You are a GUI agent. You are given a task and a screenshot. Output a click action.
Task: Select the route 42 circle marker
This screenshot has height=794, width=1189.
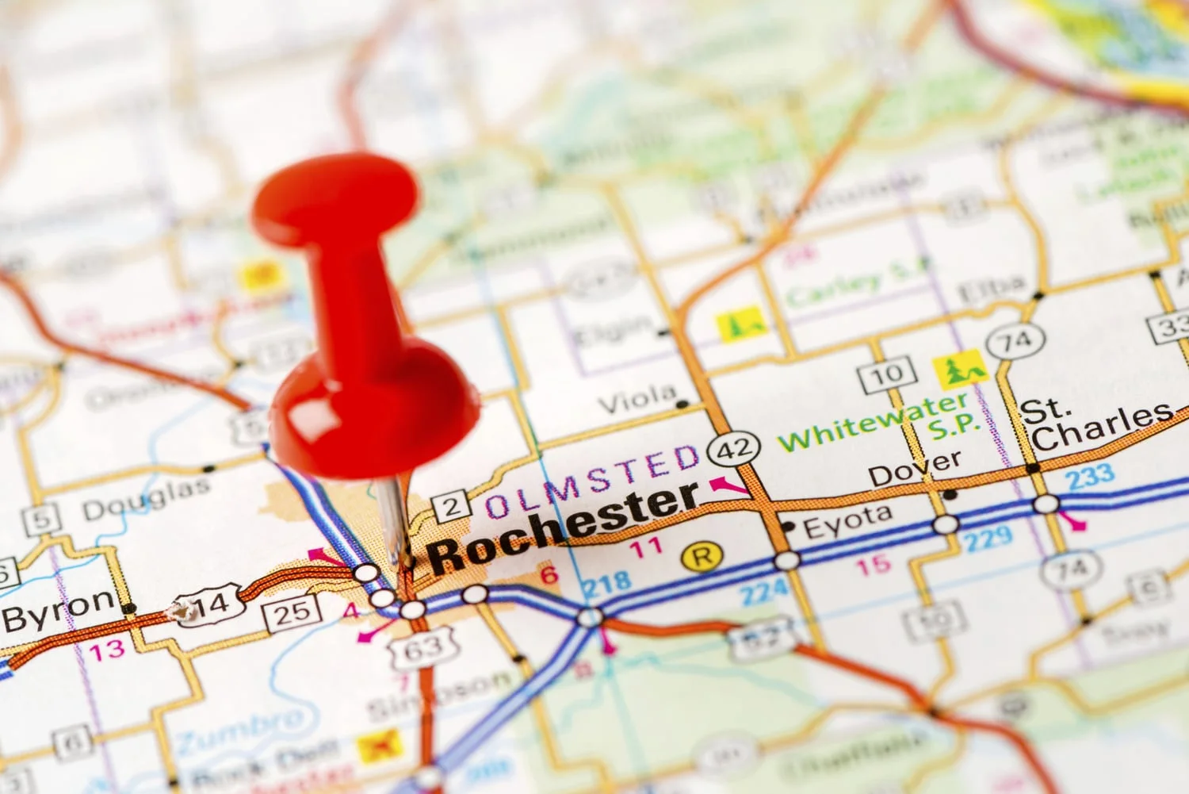pos(734,450)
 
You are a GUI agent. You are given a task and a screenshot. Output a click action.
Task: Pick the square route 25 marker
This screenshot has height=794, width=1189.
pos(292,612)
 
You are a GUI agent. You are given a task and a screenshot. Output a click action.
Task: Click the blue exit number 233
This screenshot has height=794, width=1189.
pos(1090,477)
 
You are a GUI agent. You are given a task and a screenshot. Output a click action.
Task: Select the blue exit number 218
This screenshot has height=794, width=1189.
pos(607,585)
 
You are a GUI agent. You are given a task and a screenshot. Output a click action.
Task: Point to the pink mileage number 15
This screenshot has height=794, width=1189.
pos(874,565)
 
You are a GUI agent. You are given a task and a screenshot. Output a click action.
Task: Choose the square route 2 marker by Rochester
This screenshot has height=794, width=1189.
pos(451,506)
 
